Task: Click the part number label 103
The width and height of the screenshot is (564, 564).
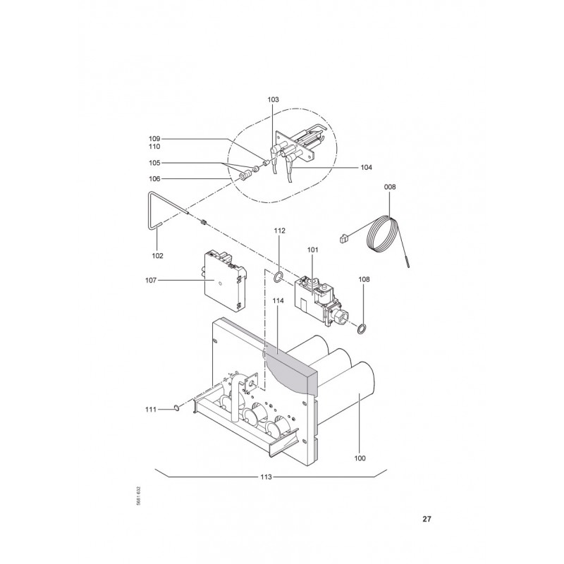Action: pyautogui.click(x=273, y=99)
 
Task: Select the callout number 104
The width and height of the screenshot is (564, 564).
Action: pyautogui.click(x=366, y=167)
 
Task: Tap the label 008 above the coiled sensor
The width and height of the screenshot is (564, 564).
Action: pyautogui.click(x=390, y=187)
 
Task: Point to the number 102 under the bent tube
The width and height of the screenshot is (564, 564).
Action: pyautogui.click(x=157, y=256)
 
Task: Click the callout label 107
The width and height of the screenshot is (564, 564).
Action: pyautogui.click(x=151, y=280)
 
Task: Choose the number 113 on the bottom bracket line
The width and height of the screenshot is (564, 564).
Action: pyautogui.click(x=266, y=477)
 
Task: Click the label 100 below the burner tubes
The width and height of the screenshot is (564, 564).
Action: pyautogui.click(x=360, y=458)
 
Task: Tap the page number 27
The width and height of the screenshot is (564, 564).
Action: pyautogui.click(x=427, y=520)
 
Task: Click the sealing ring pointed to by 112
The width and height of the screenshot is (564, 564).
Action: pyautogui.click(x=278, y=277)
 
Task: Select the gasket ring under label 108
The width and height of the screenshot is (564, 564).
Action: pyautogui.click(x=362, y=328)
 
